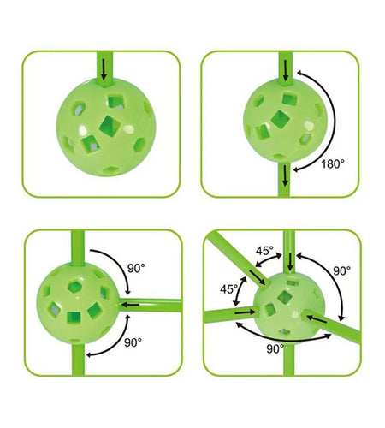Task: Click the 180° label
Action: (333, 164)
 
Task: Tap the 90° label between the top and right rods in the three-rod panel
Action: (136, 268)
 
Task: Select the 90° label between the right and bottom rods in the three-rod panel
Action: (133, 342)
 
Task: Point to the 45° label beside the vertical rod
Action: (264, 251)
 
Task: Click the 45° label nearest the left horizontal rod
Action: (228, 289)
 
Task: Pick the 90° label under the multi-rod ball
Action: (275, 348)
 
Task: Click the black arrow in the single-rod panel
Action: (104, 69)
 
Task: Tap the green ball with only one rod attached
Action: (106, 127)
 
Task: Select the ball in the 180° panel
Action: (285, 120)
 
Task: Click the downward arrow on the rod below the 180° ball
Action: (285, 176)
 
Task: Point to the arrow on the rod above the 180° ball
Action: (286, 71)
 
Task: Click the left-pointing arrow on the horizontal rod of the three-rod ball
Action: (131, 305)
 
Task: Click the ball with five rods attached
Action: (289, 307)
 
